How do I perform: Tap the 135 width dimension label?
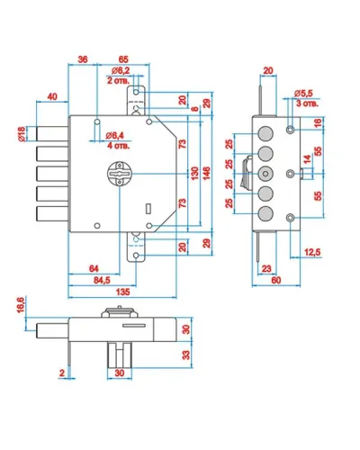[x=122, y=292]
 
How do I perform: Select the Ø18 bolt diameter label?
[x=22, y=134]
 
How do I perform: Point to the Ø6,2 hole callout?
[x=121, y=71]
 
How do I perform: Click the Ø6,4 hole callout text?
[x=114, y=136]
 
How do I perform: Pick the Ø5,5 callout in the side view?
[x=303, y=94]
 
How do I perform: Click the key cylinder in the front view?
[x=120, y=174]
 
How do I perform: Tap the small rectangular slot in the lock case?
[x=148, y=209]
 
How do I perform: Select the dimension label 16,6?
[x=21, y=305]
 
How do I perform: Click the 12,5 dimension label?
[x=312, y=252]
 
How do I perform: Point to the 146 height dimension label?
[x=206, y=174]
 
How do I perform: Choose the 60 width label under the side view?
[x=276, y=280]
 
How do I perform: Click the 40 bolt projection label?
[x=52, y=97]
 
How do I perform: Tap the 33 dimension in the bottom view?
[x=186, y=355]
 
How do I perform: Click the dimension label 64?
[x=94, y=268]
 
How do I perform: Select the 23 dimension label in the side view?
[x=266, y=268]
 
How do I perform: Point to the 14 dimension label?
[x=308, y=158]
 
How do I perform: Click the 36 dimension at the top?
[x=83, y=59]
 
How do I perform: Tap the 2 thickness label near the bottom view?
[x=62, y=373]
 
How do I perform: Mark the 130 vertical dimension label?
[x=194, y=174]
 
